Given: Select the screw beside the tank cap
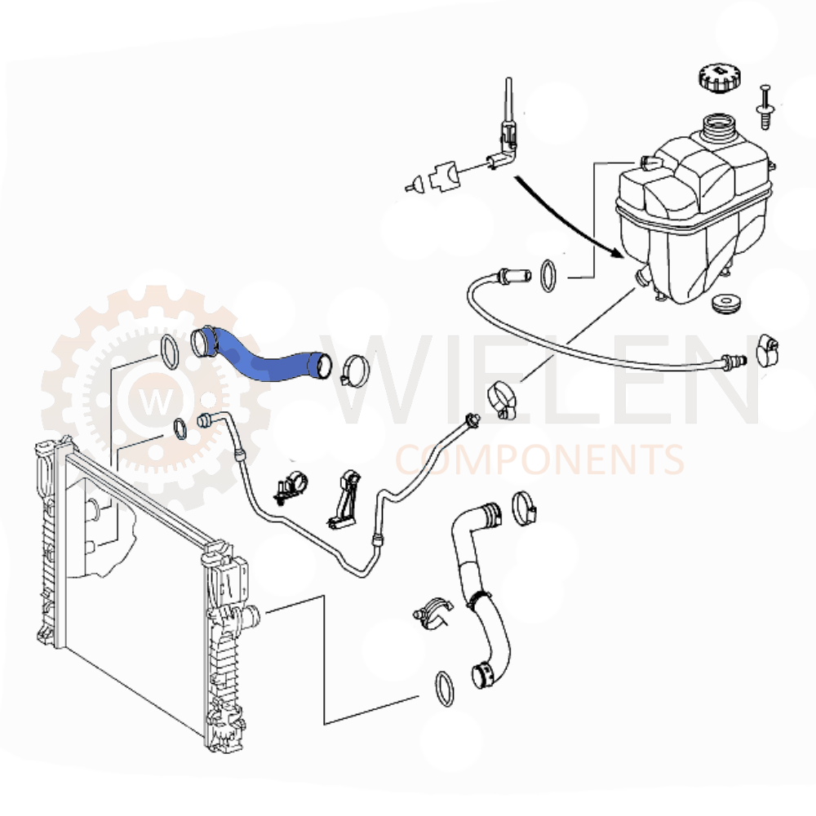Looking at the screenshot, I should [766, 105].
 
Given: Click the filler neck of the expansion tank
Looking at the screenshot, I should [718, 129].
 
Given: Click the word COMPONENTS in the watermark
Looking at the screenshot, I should [539, 460].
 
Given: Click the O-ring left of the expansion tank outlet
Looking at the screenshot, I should [548, 276].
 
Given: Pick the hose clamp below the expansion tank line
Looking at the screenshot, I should [499, 401].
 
